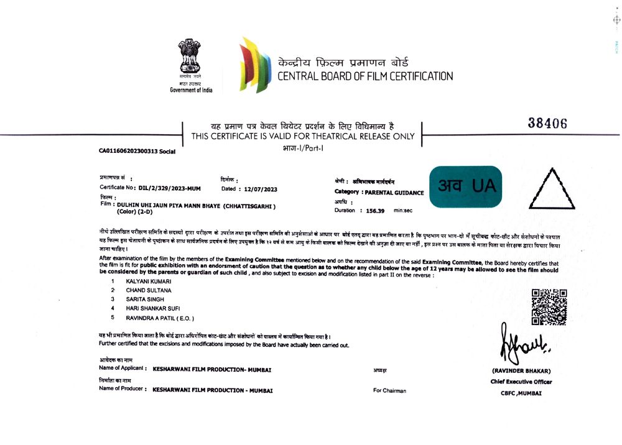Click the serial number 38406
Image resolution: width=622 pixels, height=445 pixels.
(x=547, y=124)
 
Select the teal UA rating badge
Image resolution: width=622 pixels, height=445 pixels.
(x=465, y=186)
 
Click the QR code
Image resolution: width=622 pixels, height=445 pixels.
(x=549, y=307)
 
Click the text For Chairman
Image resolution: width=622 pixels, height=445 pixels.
(x=389, y=390)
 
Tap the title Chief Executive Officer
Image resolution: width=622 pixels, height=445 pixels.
(x=521, y=382)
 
